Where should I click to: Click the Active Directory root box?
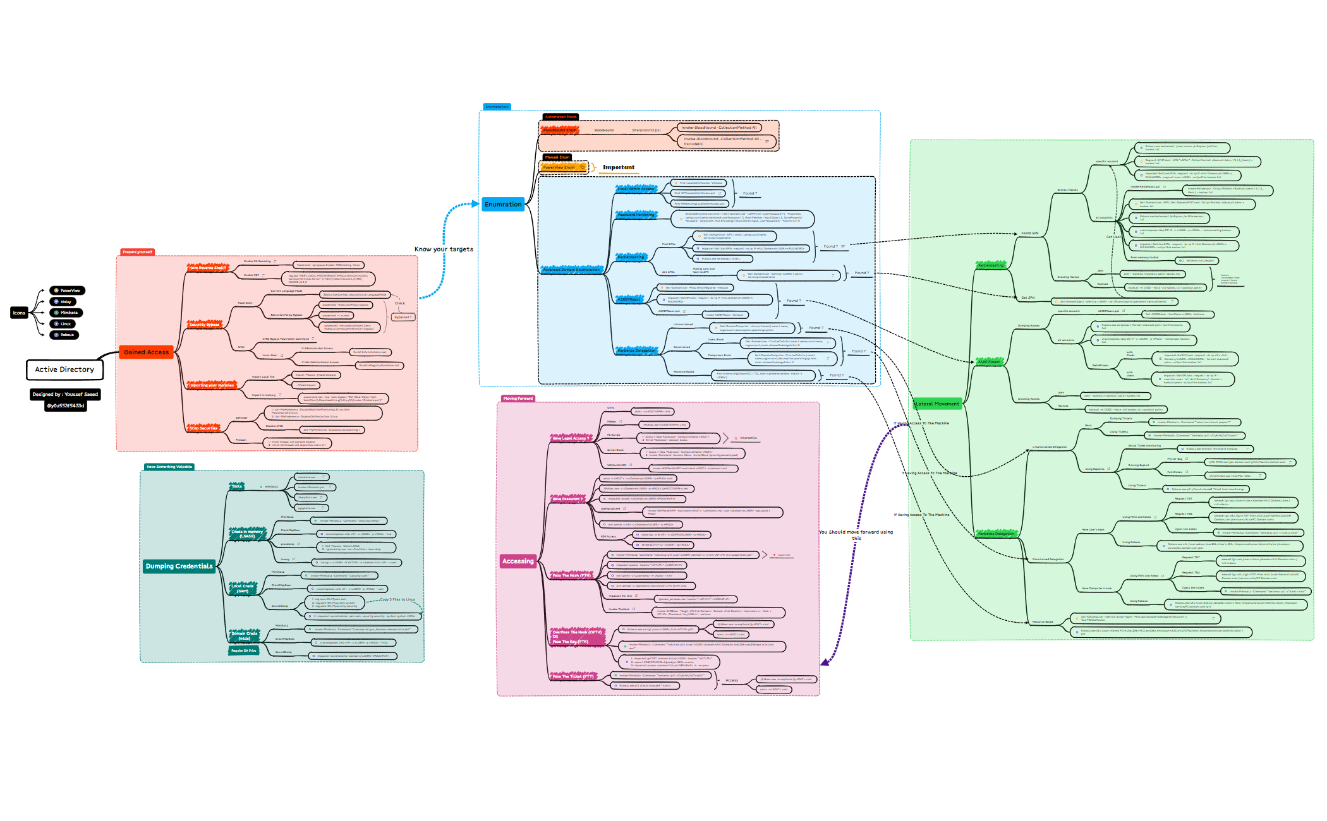coord(64,369)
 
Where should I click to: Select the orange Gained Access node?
coord(146,352)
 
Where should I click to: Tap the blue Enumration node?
coord(503,205)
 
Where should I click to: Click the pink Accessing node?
coord(518,561)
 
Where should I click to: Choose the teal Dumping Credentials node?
coord(179,566)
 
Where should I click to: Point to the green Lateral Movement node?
coord(937,404)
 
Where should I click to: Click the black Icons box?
coord(20,313)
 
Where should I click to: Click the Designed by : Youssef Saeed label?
coord(65,395)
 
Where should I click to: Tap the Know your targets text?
coord(444,249)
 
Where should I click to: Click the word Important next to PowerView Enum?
coord(619,167)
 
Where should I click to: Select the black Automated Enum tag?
coord(560,117)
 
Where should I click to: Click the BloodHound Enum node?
coord(560,130)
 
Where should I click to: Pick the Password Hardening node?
coord(636,215)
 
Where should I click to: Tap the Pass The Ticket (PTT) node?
coord(573,676)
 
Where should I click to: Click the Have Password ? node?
coord(568,499)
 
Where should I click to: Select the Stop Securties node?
coord(203,428)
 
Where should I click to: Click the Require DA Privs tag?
coord(244,650)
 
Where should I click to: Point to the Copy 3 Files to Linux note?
coord(397,599)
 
